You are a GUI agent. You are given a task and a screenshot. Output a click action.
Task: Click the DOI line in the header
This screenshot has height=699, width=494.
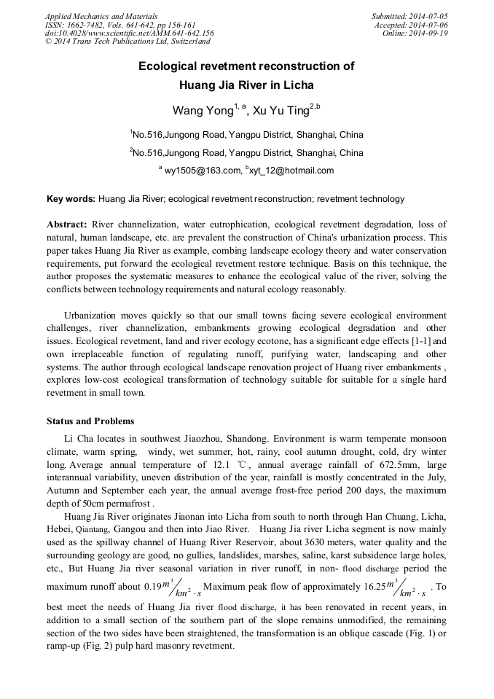click(x=129, y=33)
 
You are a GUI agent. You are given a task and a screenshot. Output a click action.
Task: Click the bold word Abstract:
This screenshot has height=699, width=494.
click(x=67, y=224)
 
